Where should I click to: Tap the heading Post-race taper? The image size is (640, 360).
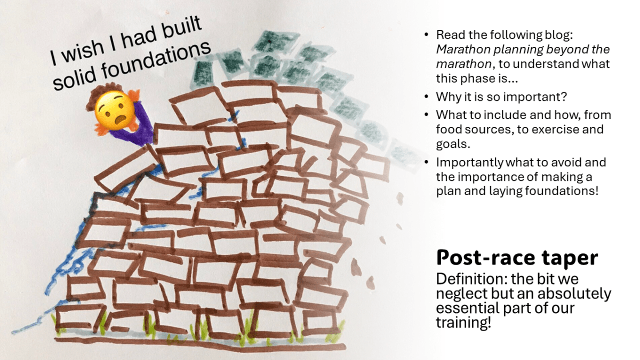click(517, 258)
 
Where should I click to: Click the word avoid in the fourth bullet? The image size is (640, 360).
click(560, 162)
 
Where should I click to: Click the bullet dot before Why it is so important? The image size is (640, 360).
click(426, 98)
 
